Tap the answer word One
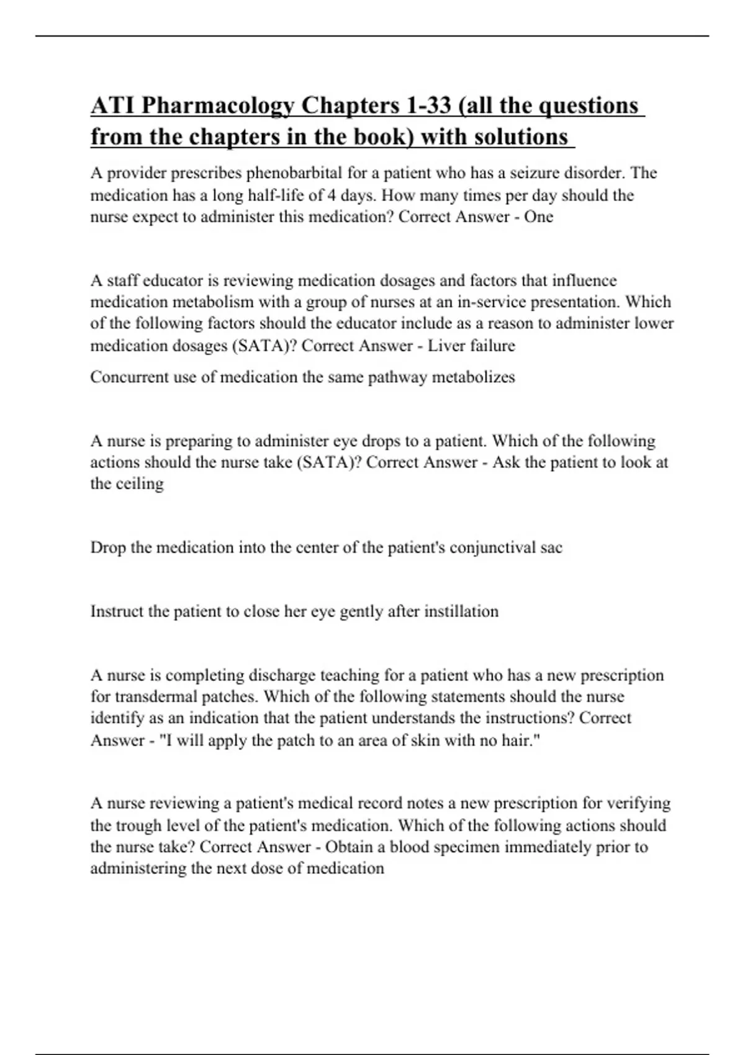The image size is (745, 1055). coord(538,217)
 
